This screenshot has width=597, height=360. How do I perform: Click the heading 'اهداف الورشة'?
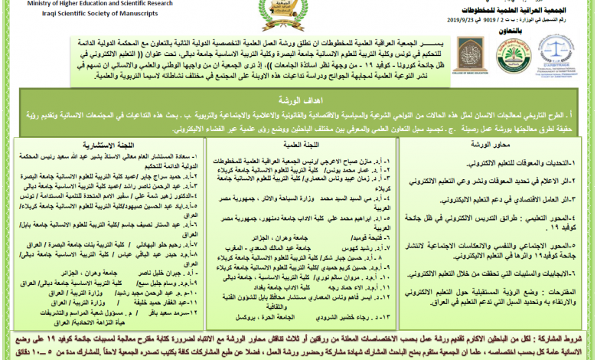tap(298, 100)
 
